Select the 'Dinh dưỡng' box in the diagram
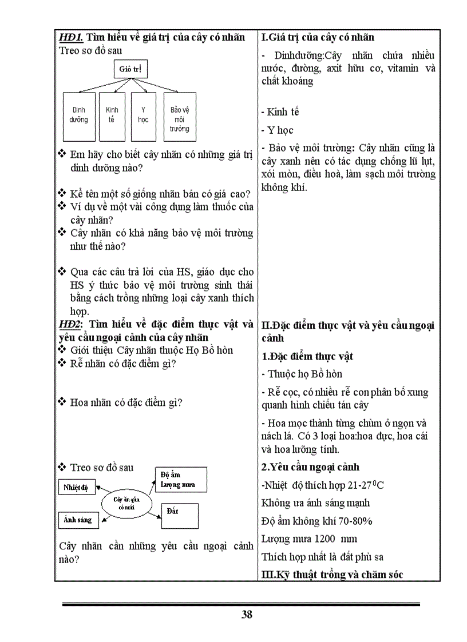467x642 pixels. point(80,116)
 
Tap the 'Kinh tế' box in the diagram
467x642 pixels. point(112,116)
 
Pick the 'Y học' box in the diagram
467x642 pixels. point(143,116)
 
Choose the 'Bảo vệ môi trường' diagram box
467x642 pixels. point(179,116)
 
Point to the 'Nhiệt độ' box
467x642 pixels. point(76,487)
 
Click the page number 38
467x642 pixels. point(247,615)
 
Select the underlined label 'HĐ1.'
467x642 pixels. point(72,37)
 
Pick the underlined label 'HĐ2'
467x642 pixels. point(71,324)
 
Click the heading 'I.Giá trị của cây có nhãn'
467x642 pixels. point(318,37)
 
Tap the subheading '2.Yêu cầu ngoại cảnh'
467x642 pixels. point(310,467)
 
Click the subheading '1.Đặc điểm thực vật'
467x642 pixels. point(307,356)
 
